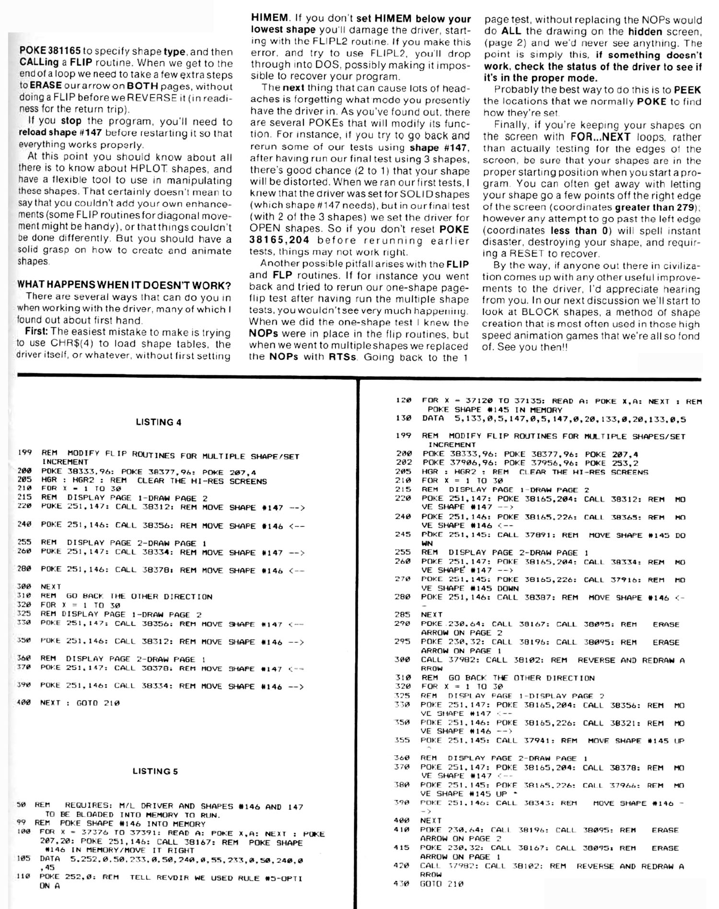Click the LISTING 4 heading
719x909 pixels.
coord(158,422)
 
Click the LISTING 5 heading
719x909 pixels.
coord(155,771)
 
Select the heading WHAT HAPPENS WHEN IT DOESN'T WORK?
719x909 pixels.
coord(124,285)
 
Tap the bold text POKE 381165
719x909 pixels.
coord(49,52)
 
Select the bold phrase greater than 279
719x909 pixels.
coord(655,207)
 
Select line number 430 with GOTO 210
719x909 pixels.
coord(401,884)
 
